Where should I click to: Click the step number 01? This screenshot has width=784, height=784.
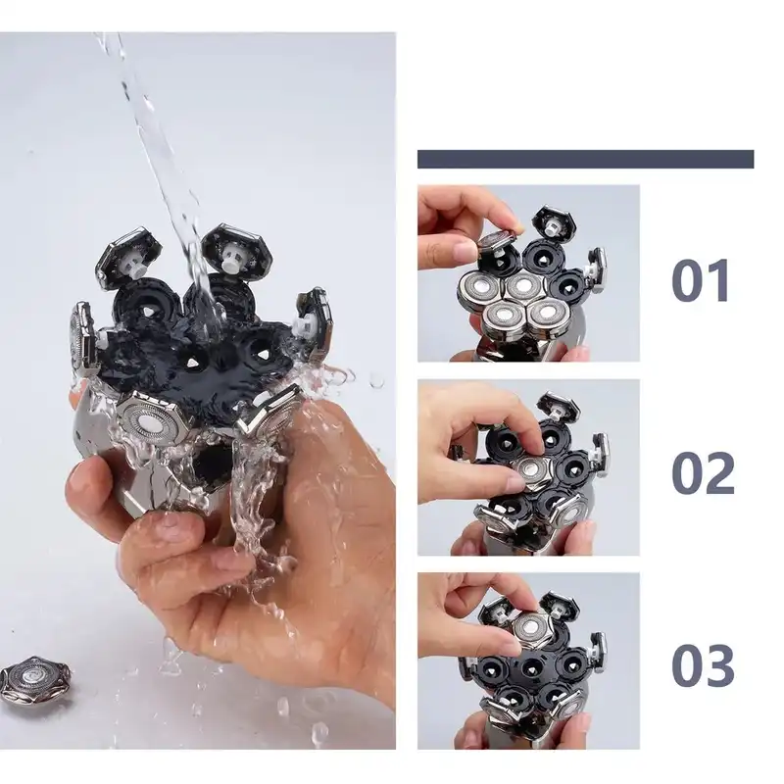pyautogui.click(x=702, y=279)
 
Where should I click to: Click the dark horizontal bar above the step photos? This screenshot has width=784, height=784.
pyautogui.click(x=585, y=159)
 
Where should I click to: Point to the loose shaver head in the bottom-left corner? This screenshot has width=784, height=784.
pyautogui.click(x=35, y=680)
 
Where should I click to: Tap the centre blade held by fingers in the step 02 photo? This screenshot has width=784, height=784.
pyautogui.click(x=531, y=468)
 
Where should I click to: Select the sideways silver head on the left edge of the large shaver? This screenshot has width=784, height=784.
pyautogui.click(x=81, y=338)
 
